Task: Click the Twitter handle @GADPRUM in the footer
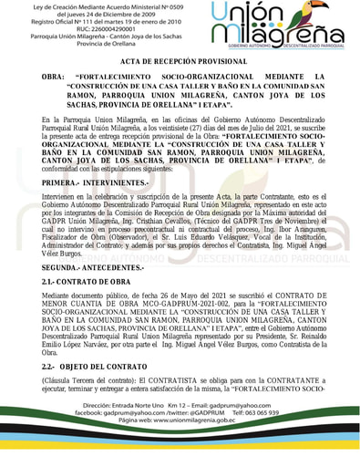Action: (196, 437)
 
